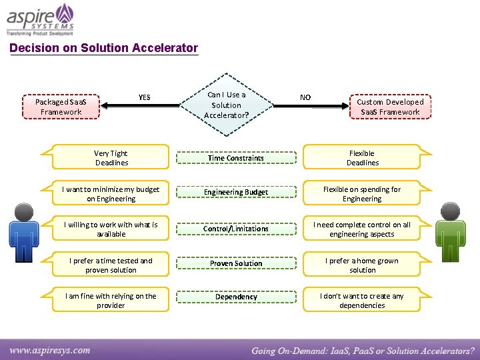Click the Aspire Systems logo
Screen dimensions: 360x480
41,19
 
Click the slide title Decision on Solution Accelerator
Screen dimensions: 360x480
104,48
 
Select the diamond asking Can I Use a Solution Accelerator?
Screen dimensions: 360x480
227,105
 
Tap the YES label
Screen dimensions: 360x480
144,97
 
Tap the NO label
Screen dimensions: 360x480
305,97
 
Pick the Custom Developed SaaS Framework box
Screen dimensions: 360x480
390,107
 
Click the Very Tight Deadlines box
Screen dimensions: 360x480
111,158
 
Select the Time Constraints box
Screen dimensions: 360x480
235,158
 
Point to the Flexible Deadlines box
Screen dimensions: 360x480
362,158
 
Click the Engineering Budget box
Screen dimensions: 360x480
235,192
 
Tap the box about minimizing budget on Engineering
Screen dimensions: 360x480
111,194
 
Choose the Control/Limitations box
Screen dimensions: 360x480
235,229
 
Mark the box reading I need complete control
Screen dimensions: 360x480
362,229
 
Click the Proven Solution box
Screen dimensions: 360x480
235,263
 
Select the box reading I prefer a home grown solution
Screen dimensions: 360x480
362,265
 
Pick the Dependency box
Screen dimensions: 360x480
235,297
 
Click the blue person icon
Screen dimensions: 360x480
25,233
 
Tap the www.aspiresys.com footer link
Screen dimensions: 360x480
50,350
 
